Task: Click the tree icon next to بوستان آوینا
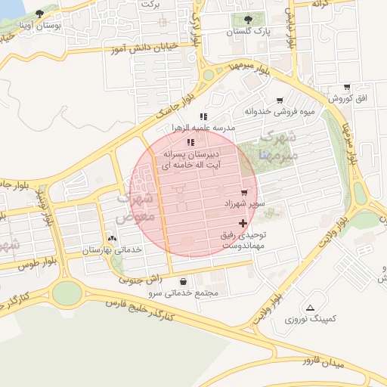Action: [x=39, y=14]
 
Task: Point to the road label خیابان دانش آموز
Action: [x=148, y=47]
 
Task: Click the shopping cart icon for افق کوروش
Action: [x=347, y=88]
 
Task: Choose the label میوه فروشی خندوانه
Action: [x=280, y=112]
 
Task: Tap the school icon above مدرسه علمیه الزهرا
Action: [x=203, y=116]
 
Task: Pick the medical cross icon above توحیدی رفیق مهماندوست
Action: [x=243, y=223]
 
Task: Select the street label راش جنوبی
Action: [x=136, y=279]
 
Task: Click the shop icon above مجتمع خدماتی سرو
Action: [x=184, y=281]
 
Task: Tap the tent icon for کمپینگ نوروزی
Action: [x=310, y=308]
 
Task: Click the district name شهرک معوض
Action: [x=137, y=206]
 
